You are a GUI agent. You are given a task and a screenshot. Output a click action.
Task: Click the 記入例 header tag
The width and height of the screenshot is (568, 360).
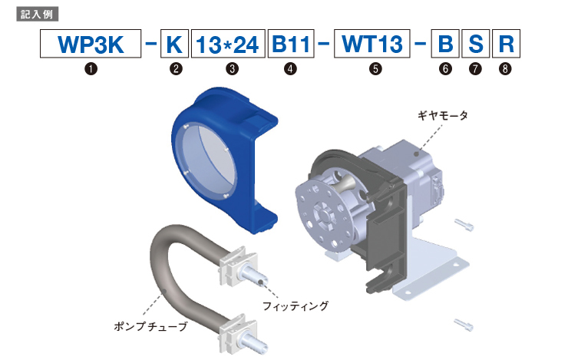point(37,15)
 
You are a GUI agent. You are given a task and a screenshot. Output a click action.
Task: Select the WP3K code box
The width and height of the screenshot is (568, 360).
point(91,44)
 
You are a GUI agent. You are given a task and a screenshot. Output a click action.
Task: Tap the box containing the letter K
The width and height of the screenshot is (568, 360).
point(174,44)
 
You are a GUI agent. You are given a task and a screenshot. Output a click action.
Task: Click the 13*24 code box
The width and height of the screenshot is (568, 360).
point(228,44)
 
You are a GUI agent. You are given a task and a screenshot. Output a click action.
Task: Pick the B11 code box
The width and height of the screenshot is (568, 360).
point(291,44)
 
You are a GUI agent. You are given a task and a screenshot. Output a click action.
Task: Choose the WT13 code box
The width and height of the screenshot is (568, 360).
point(372,44)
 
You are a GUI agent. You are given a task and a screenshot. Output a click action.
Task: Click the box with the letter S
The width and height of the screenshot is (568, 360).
point(476,44)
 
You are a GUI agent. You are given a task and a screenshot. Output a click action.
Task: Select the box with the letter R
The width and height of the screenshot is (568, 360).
point(506,44)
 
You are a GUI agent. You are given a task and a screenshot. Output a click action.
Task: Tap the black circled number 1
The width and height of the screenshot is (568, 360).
point(91,68)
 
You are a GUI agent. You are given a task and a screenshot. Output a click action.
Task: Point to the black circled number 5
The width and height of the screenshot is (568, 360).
point(375,68)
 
